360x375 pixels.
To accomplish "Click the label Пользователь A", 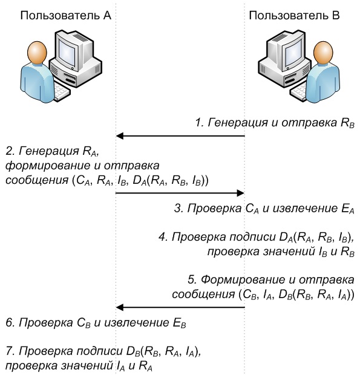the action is (x=65, y=15).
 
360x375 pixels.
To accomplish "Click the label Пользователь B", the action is (x=294, y=15).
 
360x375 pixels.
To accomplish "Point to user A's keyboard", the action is (x=62, y=91).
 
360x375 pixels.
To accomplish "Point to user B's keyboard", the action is (x=298, y=91).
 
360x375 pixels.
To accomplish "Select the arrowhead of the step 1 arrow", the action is (x=119, y=136).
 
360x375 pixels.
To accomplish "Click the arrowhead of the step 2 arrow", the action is (x=240, y=193).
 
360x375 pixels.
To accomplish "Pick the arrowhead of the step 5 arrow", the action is (x=119, y=307).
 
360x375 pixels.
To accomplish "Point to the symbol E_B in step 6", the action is (x=180, y=324).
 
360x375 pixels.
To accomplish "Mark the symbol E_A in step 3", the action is (x=347, y=209).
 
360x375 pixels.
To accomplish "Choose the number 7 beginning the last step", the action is (x=10, y=351).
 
